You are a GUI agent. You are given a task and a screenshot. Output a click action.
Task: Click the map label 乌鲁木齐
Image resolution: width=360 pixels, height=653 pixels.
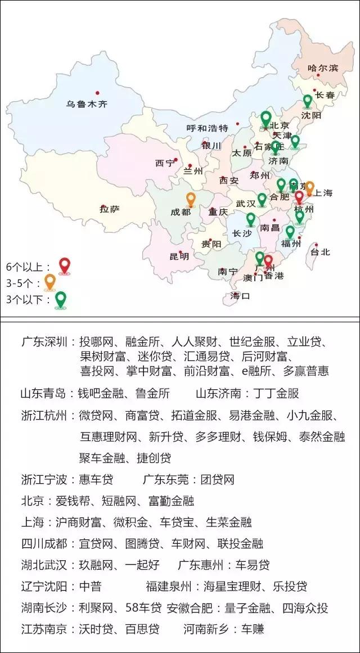tap(87, 104)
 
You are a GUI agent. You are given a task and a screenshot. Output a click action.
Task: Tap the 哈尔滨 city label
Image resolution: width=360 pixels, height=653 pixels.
tap(323, 68)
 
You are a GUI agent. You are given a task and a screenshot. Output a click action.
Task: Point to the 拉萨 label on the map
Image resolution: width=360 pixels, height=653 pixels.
tap(110, 210)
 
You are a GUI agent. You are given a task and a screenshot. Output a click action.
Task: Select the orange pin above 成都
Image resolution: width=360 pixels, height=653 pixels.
tap(191, 199)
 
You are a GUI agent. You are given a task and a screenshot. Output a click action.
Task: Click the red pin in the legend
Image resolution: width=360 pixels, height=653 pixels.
tap(65, 265)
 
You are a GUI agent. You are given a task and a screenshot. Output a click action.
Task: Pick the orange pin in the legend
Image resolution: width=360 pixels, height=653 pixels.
tap(50, 281)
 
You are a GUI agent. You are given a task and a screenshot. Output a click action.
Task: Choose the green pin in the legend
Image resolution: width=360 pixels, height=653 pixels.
tap(60, 299)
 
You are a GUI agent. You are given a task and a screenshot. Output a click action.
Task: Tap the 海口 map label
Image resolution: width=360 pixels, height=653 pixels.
tap(240, 295)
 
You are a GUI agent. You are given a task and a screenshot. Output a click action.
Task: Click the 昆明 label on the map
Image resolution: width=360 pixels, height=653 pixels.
tap(179, 256)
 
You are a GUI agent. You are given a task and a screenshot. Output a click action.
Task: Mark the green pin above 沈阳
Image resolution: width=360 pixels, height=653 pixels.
tap(307, 101)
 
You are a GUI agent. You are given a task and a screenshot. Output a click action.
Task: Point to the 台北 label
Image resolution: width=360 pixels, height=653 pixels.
tap(321, 253)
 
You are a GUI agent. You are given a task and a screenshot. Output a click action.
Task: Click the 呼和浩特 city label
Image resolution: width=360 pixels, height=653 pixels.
tap(207, 128)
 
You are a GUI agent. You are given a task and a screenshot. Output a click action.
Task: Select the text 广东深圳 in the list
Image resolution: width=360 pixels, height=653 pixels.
tap(44, 342)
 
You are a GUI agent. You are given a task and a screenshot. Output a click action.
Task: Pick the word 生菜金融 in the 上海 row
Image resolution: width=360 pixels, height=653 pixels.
tap(228, 522)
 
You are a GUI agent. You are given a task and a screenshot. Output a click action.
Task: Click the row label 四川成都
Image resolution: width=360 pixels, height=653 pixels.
tap(44, 543)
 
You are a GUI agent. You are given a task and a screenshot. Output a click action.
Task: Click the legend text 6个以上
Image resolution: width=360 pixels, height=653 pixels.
tap(27, 266)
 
